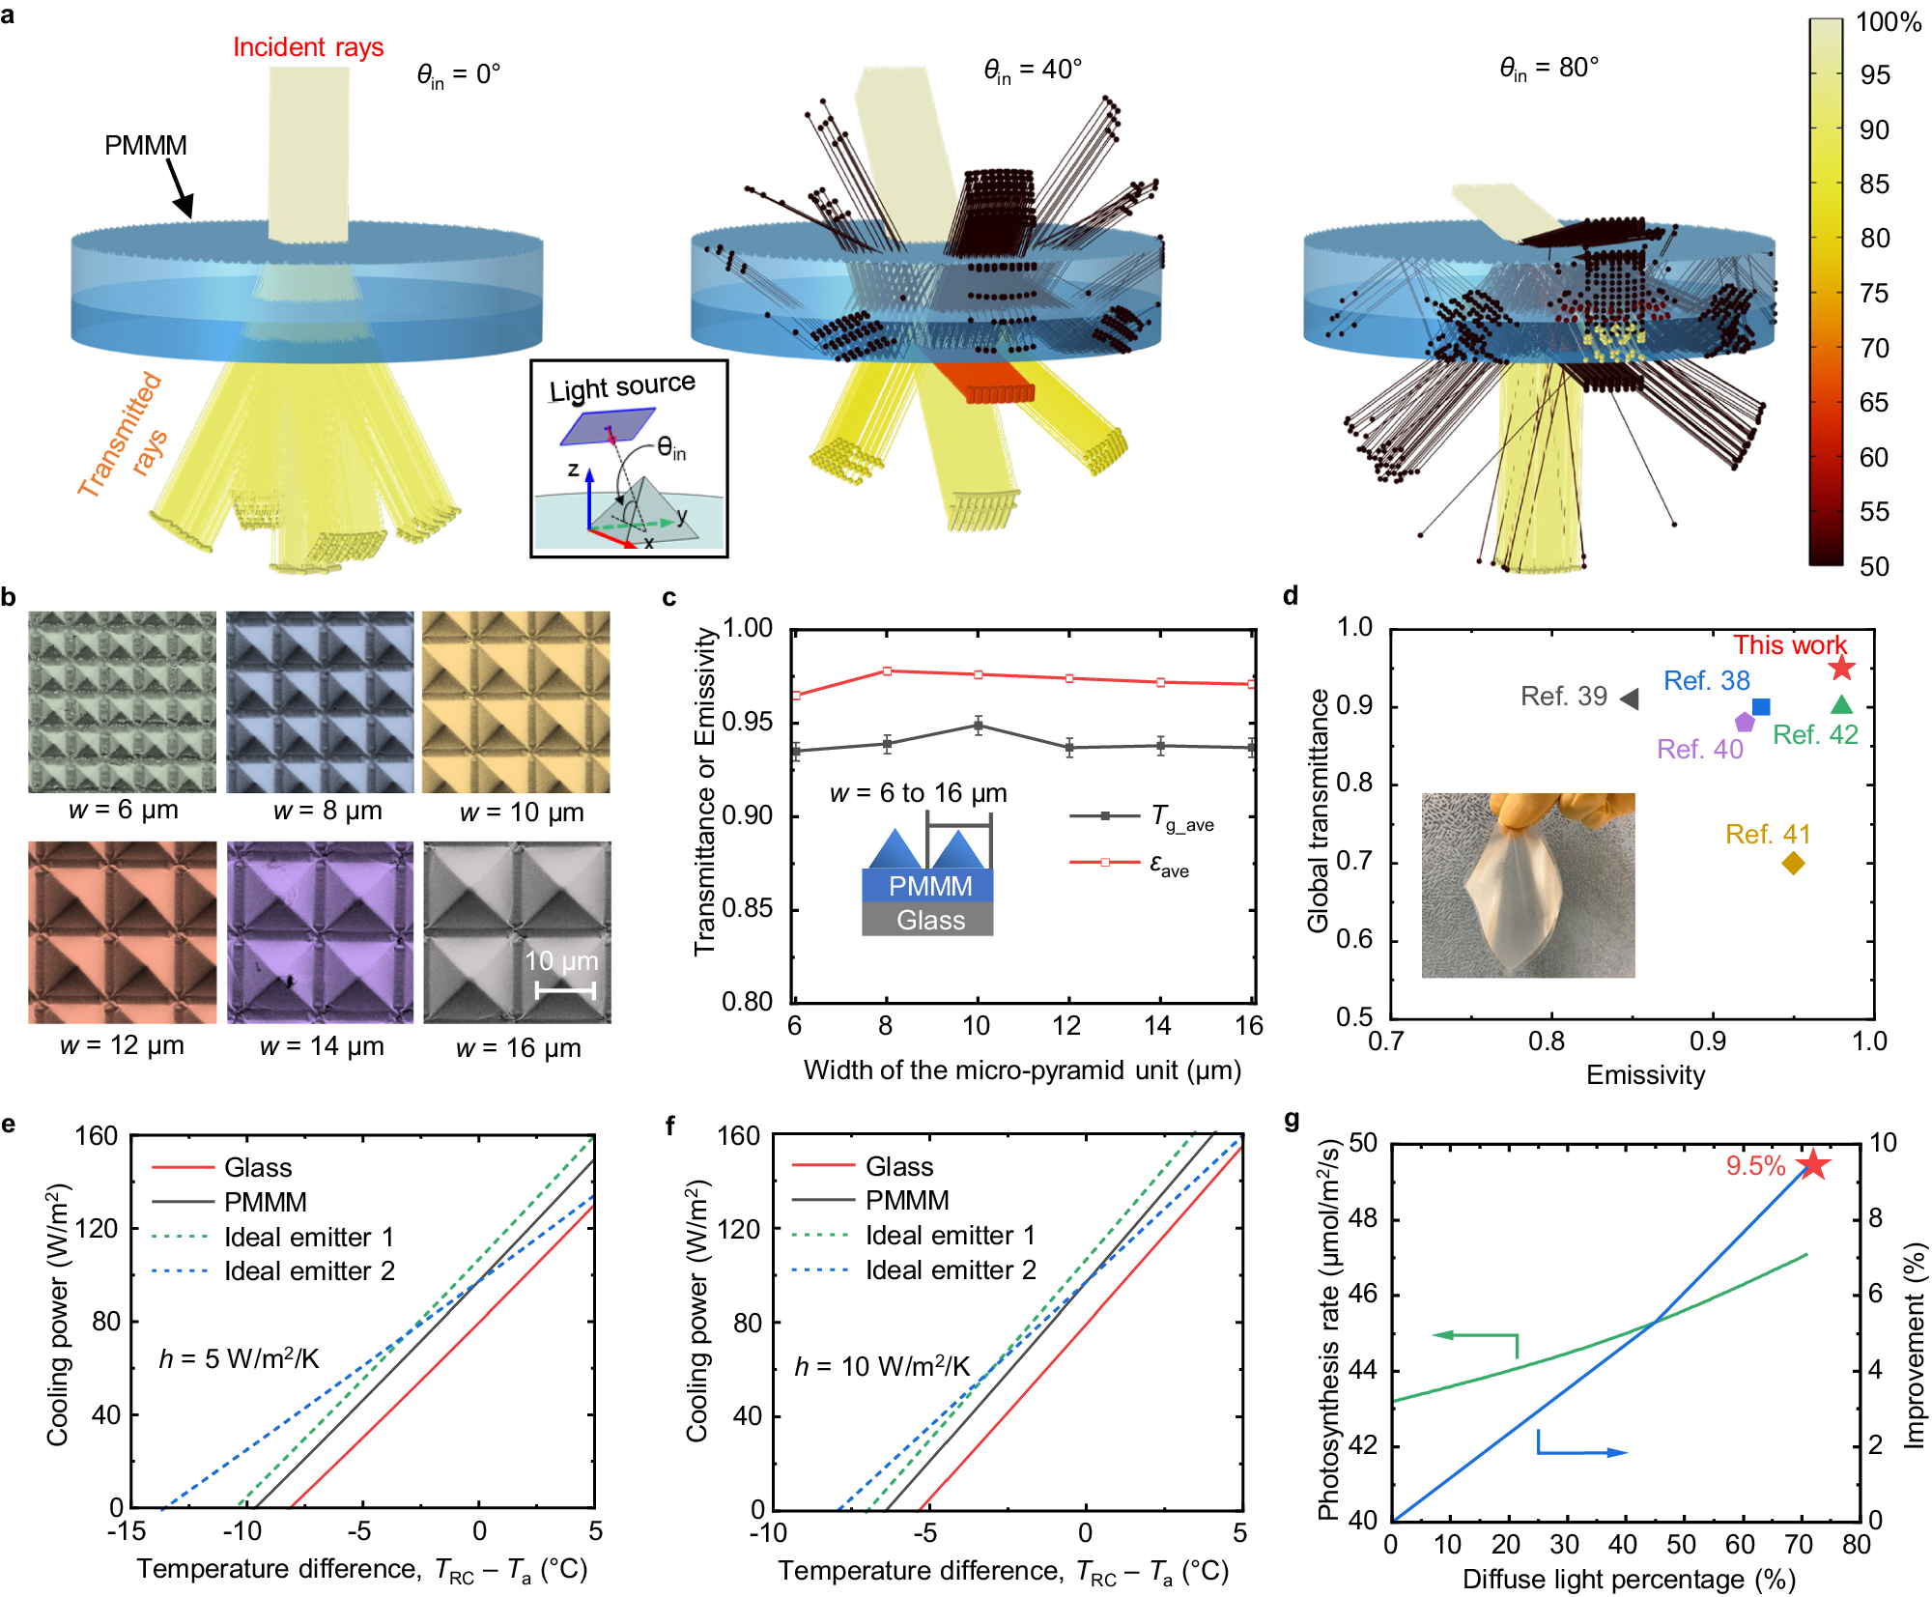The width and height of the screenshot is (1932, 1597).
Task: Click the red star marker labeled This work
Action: pyautogui.click(x=1841, y=668)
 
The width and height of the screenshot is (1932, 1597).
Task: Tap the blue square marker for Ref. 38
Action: pyautogui.click(x=1761, y=706)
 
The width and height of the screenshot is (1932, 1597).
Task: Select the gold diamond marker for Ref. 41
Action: pyautogui.click(x=1793, y=863)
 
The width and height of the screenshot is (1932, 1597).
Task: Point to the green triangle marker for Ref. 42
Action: pyautogui.click(x=1841, y=705)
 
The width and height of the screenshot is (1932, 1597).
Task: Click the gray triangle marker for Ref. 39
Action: pyautogui.click(x=1630, y=698)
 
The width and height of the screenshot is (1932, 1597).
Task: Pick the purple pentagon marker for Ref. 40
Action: pyautogui.click(x=1744, y=722)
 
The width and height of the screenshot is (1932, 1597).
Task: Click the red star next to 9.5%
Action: pyautogui.click(x=1813, y=1164)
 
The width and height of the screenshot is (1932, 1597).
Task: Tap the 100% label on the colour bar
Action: pyautogui.click(x=1888, y=22)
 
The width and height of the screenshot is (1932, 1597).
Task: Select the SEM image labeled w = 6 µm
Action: pyautogui.click(x=123, y=701)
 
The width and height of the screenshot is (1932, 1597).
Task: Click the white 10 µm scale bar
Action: pyautogui.click(x=565, y=989)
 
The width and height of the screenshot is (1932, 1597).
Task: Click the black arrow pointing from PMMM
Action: pyautogui.click(x=181, y=188)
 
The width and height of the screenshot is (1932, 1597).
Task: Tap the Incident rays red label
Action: pyautogui.click(x=308, y=47)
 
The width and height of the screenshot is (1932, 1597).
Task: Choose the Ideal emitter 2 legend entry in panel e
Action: pyautogui.click(x=309, y=1271)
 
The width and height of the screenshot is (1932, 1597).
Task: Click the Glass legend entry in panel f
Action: pyautogui.click(x=898, y=1166)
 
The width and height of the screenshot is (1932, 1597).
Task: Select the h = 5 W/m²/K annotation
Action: pyautogui.click(x=239, y=1359)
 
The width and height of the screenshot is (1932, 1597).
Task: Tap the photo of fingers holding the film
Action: pyautogui.click(x=1527, y=885)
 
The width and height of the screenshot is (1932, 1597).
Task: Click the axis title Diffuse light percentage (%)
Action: pyautogui.click(x=1628, y=1579)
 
